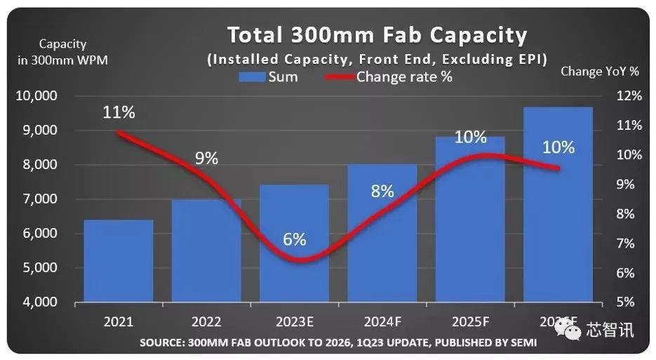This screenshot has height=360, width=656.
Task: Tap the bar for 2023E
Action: (294, 281)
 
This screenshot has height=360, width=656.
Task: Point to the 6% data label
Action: (295, 239)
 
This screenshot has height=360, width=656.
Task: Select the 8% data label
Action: (382, 191)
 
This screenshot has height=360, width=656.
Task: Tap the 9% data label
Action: (206, 159)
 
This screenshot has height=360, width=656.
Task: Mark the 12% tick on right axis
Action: (628, 96)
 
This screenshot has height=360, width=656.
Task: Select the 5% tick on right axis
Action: (630, 302)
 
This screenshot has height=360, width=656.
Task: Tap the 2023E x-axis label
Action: (295, 322)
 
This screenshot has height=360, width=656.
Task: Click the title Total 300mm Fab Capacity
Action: (376, 35)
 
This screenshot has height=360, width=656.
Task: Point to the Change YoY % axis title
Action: (600, 71)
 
